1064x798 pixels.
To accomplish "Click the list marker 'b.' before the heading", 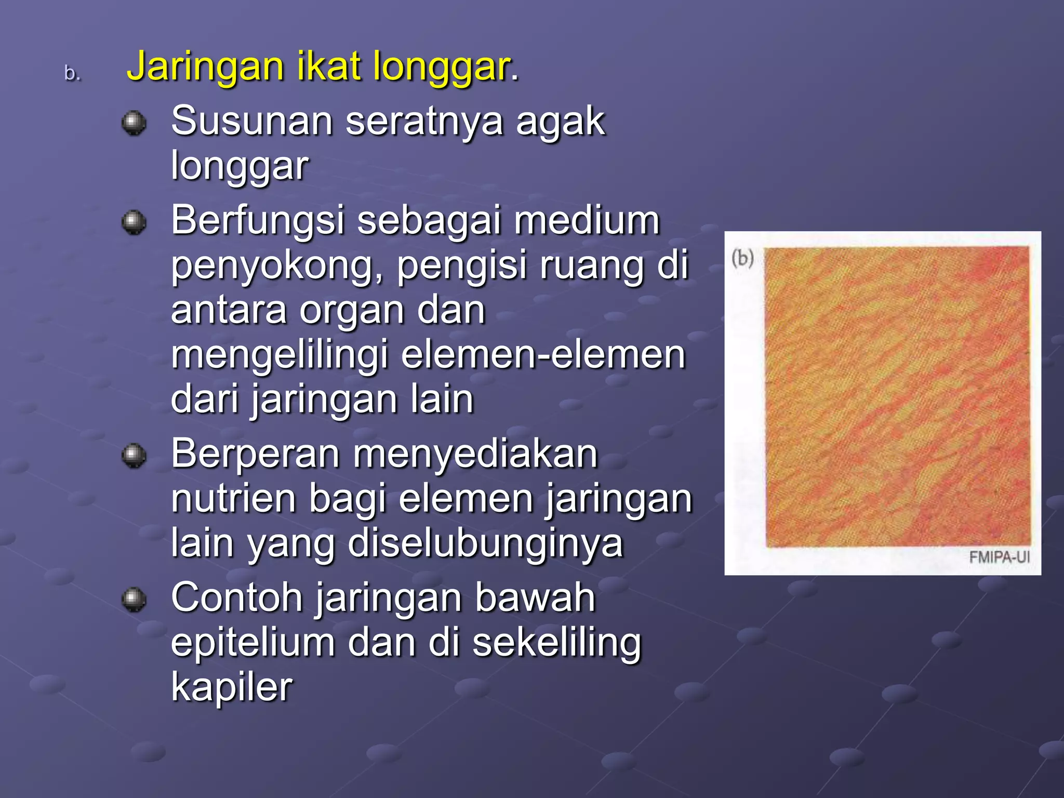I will click(x=72, y=74).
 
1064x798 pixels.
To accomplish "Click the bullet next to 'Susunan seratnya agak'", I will click(x=134, y=123).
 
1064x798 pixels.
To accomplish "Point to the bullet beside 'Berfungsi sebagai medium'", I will click(x=134, y=222).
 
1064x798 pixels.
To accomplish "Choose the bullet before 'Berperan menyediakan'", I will click(x=134, y=456).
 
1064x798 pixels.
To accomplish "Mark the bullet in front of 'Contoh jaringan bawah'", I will click(x=134, y=600).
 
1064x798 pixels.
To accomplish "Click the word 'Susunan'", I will click(x=252, y=121).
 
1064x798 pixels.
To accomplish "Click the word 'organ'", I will click(x=352, y=311).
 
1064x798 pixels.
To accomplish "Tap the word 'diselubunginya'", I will click(x=485, y=544).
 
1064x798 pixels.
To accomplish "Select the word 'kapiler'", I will click(x=232, y=687).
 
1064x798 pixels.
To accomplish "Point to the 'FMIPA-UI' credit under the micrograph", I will click(x=999, y=557).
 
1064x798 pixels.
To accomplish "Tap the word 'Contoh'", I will click(x=237, y=598).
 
